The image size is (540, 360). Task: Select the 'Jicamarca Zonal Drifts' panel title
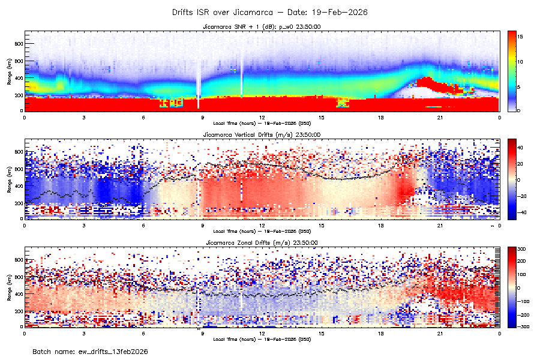tap(261, 242)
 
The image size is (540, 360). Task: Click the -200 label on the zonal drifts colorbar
tap(522, 314)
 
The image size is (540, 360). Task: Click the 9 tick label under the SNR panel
tap(203, 117)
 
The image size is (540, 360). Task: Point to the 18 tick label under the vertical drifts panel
tap(380, 225)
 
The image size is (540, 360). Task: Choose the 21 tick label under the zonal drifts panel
tap(440, 333)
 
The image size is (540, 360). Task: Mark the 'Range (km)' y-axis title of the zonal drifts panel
tap(10, 287)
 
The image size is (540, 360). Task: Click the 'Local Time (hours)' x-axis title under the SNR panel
tap(262, 123)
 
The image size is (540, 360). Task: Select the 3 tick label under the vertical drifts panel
tap(84, 225)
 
